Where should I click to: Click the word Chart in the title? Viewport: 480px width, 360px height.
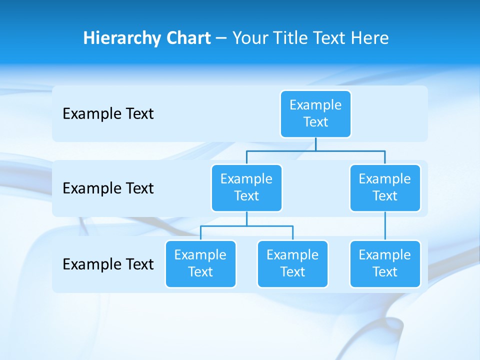(x=188, y=38)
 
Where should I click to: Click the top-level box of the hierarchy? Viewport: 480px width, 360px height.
(x=315, y=113)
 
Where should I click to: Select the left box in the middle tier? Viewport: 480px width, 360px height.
(x=246, y=187)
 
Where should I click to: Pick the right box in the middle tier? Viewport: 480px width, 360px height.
(x=385, y=187)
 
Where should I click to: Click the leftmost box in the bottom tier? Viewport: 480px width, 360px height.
(x=200, y=263)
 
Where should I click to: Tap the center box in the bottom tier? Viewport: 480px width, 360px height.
(x=292, y=263)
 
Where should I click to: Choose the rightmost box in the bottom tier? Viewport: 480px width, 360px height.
(x=385, y=263)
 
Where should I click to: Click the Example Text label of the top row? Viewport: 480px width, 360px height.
(x=108, y=114)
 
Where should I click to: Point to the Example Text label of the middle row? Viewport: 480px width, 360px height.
(x=108, y=188)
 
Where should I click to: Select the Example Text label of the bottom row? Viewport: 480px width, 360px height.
(x=108, y=264)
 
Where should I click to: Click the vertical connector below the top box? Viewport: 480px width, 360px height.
(x=315, y=144)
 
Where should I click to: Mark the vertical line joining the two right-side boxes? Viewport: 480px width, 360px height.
(x=385, y=226)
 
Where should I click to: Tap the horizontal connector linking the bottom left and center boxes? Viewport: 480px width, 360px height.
(x=246, y=226)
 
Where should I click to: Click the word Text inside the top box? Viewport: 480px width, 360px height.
(x=315, y=122)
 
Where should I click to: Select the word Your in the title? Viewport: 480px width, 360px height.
(x=250, y=38)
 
